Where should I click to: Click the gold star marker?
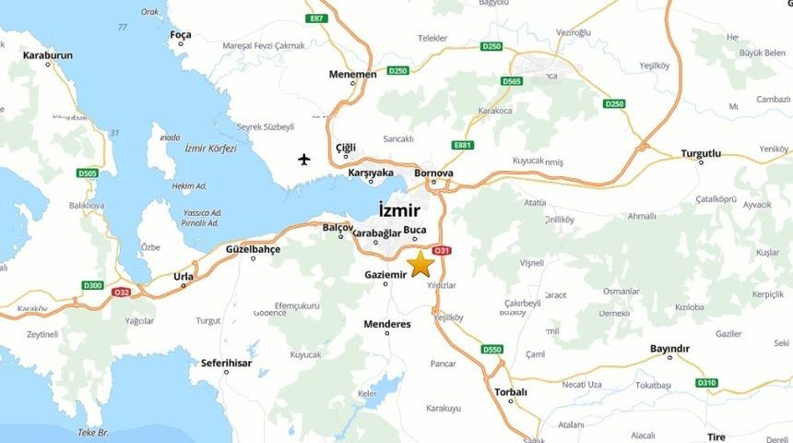[421, 263]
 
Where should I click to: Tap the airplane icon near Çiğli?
[304, 159]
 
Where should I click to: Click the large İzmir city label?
[399, 210]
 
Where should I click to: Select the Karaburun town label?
[47, 54]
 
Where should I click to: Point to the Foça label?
[181, 35]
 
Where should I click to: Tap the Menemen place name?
[352, 74]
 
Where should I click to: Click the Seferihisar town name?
[226, 363]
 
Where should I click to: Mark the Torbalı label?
[510, 391]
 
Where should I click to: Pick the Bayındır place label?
[669, 348]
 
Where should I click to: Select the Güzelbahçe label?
[253, 248]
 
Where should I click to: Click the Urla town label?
[184, 275]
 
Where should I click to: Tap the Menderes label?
[387, 324]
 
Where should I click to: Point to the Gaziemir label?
[385, 275]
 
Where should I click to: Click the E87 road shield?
[318, 18]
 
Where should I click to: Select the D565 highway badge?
[512, 81]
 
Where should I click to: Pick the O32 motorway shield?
[121, 292]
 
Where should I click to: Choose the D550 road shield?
[492, 349]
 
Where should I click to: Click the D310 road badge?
[706, 382]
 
